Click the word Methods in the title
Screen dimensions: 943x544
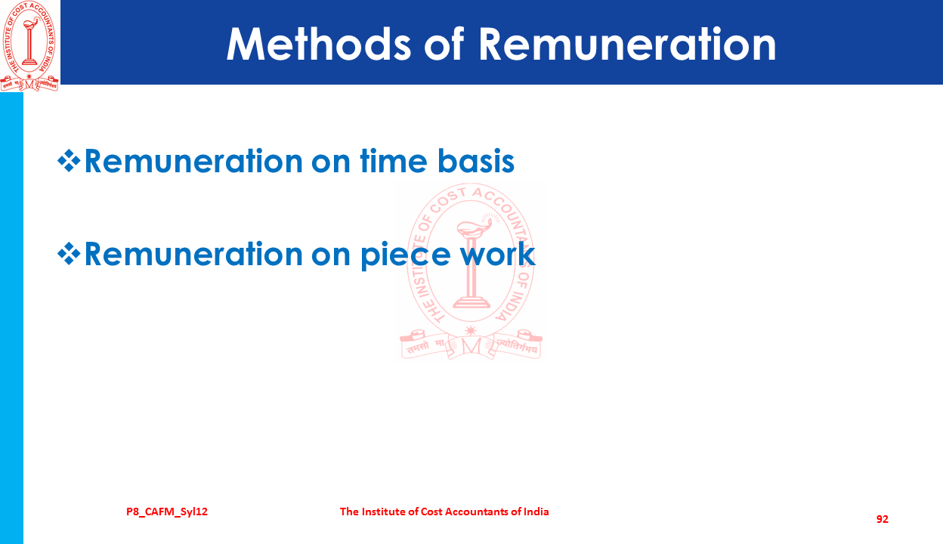pos(318,45)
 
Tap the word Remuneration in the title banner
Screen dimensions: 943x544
pos(627,45)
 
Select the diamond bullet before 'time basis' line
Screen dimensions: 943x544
pos(69,160)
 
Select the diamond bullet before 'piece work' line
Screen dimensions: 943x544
pos(69,253)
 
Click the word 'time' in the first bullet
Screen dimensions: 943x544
pos(394,160)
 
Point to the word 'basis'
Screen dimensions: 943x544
pos(476,160)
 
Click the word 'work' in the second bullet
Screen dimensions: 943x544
pos(497,253)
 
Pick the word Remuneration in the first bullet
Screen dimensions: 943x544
pos(193,160)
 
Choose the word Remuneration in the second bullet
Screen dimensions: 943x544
pos(193,253)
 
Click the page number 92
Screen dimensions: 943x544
pos(883,519)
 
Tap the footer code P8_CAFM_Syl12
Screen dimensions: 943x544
pos(167,512)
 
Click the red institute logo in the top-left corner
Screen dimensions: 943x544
pos(29,45)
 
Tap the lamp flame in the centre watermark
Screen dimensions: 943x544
pos(488,221)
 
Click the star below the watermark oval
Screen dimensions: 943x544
pos(471,330)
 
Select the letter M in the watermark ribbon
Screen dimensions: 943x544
pos(471,347)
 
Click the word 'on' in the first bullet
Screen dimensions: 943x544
pos(331,163)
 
